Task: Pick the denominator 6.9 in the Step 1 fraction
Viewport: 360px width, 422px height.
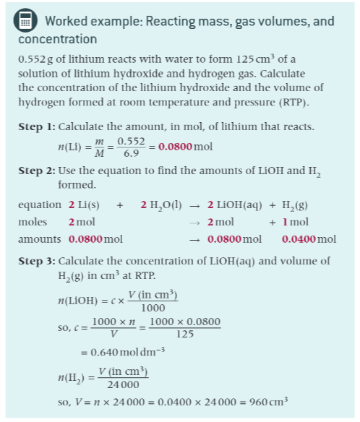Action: point(131,154)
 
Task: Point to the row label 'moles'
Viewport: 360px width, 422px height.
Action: point(32,222)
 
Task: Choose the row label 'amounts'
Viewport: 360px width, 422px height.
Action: point(38,239)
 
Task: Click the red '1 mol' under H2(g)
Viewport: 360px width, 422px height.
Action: point(294,222)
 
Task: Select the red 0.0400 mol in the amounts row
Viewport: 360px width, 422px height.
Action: point(309,239)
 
